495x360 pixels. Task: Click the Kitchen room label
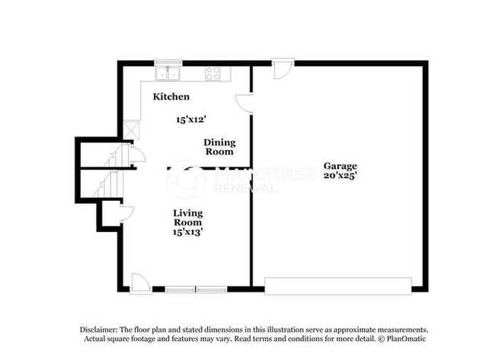[x=171, y=97]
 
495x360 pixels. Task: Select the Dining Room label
[x=219, y=147]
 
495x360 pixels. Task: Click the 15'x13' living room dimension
[x=187, y=232]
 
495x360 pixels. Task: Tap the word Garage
[x=340, y=166]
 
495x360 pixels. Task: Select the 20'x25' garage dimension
[x=340, y=175]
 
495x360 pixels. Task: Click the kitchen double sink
[x=168, y=74]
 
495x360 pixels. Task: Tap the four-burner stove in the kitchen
[x=213, y=74]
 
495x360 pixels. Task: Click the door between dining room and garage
[x=244, y=104]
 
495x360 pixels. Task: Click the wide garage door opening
[x=337, y=285]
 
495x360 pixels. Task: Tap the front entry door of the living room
[x=140, y=282]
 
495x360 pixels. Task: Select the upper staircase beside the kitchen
[x=114, y=157]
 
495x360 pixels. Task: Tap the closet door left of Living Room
[x=126, y=213]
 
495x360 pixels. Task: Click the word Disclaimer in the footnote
[x=99, y=329]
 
